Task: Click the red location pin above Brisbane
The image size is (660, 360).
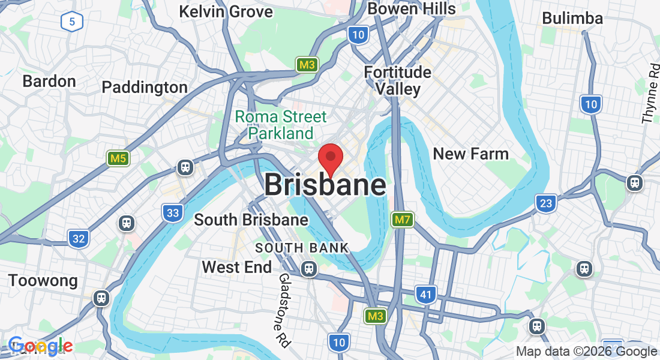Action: click(330, 157)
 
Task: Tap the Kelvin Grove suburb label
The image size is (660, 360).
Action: click(226, 11)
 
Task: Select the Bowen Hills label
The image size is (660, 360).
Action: click(412, 8)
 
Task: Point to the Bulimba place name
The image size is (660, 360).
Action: click(572, 18)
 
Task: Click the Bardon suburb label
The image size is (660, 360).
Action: click(49, 81)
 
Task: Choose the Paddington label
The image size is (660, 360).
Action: click(145, 87)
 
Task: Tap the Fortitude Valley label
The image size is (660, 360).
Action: click(398, 80)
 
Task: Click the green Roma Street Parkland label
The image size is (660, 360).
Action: click(281, 124)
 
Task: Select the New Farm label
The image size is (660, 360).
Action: click(470, 154)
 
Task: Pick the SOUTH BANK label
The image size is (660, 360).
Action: click(302, 248)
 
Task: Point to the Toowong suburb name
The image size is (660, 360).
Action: click(43, 280)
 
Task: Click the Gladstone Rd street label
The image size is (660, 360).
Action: click(284, 310)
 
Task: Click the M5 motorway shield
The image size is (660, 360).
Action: click(118, 158)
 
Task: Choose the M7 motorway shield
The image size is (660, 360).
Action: click(402, 220)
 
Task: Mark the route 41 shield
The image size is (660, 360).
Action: click(425, 294)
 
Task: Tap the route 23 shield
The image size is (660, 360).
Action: click(545, 203)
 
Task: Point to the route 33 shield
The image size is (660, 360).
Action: click(172, 212)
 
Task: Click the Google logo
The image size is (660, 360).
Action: click(40, 346)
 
